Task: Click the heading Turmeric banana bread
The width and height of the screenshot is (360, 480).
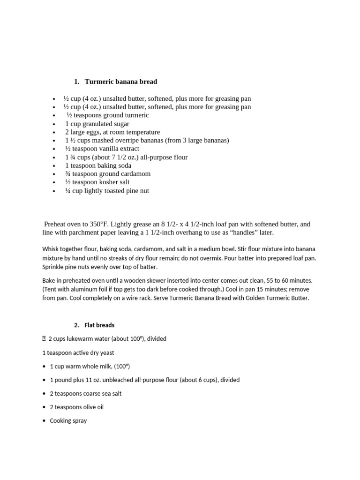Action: [x=121, y=82]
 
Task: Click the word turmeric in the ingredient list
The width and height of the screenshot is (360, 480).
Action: [x=135, y=115]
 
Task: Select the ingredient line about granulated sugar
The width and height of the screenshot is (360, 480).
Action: [x=97, y=124]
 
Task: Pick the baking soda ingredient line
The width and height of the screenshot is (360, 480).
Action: [x=98, y=165]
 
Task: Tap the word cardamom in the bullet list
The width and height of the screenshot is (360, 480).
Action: [x=134, y=174]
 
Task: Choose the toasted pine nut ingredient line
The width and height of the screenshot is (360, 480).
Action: [x=107, y=191]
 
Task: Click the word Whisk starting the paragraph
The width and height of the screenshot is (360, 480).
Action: [x=51, y=249]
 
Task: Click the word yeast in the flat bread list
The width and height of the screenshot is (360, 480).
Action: [x=104, y=352]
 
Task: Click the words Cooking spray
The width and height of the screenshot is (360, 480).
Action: [x=68, y=421]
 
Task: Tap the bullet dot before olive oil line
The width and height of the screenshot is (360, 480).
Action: [x=44, y=407]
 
